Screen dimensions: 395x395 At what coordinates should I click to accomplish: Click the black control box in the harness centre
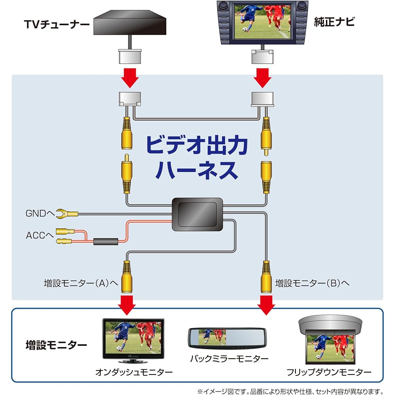[x=197, y=214]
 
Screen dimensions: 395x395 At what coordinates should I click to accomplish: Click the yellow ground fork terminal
[x=68, y=214]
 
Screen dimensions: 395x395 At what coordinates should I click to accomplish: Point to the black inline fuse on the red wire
[x=105, y=241]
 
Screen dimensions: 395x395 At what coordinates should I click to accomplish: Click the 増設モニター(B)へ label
[x=312, y=283]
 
